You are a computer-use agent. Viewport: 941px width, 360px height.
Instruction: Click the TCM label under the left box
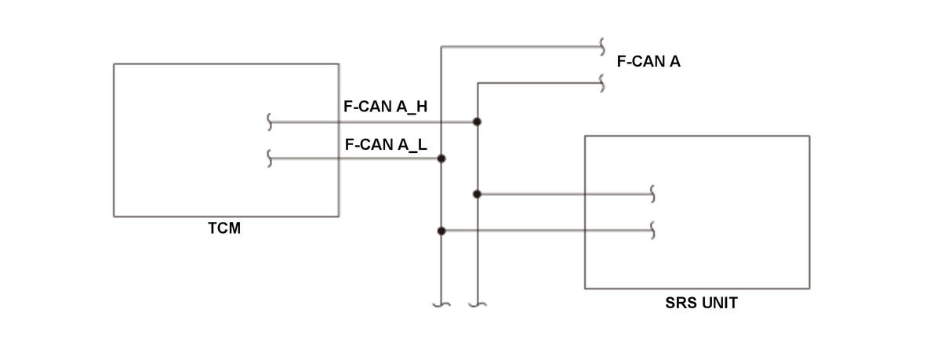click(x=224, y=228)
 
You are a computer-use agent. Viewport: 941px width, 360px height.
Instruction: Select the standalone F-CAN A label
click(x=649, y=61)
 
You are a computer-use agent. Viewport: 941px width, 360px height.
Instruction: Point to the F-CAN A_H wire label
click(x=385, y=107)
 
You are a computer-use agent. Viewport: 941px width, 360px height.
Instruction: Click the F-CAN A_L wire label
click(x=386, y=144)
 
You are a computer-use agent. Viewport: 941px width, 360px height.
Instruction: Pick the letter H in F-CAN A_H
click(x=421, y=107)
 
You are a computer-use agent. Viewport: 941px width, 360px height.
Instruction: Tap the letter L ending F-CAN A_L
click(x=422, y=144)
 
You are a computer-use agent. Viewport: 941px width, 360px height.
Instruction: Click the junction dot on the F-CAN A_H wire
click(x=477, y=122)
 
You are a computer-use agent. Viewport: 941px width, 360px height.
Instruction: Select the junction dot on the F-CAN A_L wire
click(x=441, y=158)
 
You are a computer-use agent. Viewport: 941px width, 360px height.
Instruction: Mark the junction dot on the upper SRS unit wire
click(x=477, y=194)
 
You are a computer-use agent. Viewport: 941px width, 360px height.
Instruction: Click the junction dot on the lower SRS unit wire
click(x=441, y=231)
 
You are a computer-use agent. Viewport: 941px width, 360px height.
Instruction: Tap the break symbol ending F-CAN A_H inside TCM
click(x=269, y=122)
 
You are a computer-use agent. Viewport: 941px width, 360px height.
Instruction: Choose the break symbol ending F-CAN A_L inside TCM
click(x=269, y=158)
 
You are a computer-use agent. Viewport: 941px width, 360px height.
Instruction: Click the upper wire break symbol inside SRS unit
click(x=652, y=194)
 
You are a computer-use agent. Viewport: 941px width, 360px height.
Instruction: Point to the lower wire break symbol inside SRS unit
click(x=652, y=231)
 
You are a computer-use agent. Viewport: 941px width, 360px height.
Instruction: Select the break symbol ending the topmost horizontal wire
click(x=602, y=46)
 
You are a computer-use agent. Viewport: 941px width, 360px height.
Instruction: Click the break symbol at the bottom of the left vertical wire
click(x=441, y=304)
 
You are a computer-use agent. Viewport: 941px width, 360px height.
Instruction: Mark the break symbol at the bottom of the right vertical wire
click(x=478, y=304)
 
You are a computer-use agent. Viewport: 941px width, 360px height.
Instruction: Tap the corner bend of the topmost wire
click(x=441, y=46)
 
